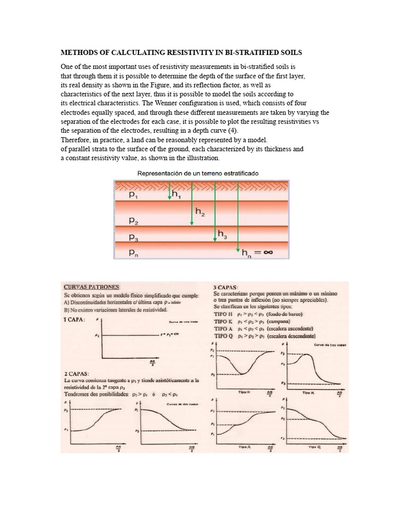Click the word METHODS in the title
(79, 53)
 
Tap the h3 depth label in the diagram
(222, 234)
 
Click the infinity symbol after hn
(268, 253)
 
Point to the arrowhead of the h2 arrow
(192, 223)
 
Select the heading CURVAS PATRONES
(92, 286)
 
